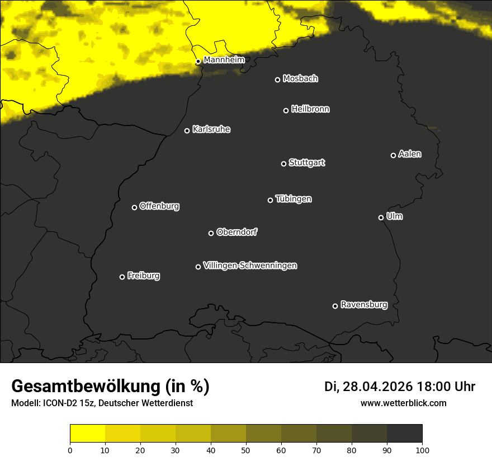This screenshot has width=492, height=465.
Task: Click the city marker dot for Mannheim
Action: pyautogui.click(x=198, y=62)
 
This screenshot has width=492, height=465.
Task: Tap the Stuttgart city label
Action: pyautogui.click(x=306, y=163)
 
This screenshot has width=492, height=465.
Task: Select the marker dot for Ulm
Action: pyautogui.click(x=381, y=217)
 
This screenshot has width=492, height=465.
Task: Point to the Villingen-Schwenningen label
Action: pyautogui.click(x=250, y=266)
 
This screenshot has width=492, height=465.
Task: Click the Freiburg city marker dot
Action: pyautogui.click(x=122, y=277)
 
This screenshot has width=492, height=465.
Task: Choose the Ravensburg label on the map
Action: pyautogui.click(x=363, y=305)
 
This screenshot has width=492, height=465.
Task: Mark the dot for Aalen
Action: pyautogui.click(x=393, y=155)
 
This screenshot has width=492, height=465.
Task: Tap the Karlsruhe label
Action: pyautogui.click(x=211, y=130)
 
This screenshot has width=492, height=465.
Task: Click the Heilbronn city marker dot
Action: pyautogui.click(x=286, y=110)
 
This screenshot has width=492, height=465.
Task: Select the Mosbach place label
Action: pyautogui.click(x=300, y=79)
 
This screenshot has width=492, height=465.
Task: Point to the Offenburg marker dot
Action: pyautogui.click(x=134, y=207)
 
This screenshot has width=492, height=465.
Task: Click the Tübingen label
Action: pyautogui.click(x=294, y=199)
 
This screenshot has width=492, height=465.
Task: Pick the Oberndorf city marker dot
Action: pyautogui.click(x=211, y=233)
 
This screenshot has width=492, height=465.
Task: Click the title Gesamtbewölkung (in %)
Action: pyautogui.click(x=110, y=387)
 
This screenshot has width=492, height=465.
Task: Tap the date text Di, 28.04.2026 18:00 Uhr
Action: pyautogui.click(x=400, y=387)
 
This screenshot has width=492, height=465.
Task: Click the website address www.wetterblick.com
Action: pyautogui.click(x=403, y=403)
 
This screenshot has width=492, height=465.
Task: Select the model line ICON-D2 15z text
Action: pyautogui.click(x=102, y=403)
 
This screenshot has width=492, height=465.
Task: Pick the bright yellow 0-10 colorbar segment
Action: pyautogui.click(x=87, y=434)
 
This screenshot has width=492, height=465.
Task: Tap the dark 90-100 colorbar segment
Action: pyautogui.click(x=404, y=434)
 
